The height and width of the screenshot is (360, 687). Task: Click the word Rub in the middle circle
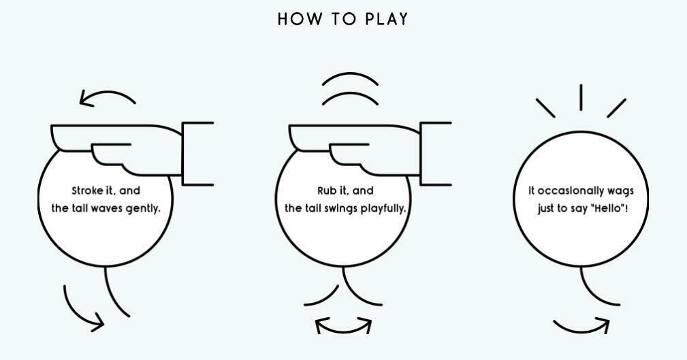pyautogui.click(x=327, y=191)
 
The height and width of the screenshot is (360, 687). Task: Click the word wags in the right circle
pyautogui.click(x=628, y=191)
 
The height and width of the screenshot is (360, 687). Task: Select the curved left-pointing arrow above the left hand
pyautogui.click(x=108, y=97)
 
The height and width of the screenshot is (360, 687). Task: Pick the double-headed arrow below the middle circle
pyautogui.click(x=344, y=325)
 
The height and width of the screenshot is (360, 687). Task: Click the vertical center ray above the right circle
pyautogui.click(x=581, y=97)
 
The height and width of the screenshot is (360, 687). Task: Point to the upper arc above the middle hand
pyautogui.click(x=350, y=80)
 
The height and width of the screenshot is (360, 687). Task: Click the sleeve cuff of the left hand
pyautogui.click(x=197, y=154)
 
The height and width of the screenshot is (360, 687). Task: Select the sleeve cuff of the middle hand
pyautogui.click(x=436, y=154)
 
